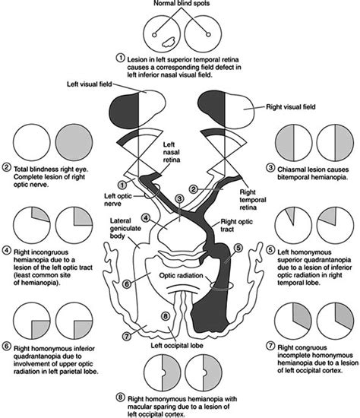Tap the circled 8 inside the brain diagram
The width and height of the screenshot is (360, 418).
[175, 317]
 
